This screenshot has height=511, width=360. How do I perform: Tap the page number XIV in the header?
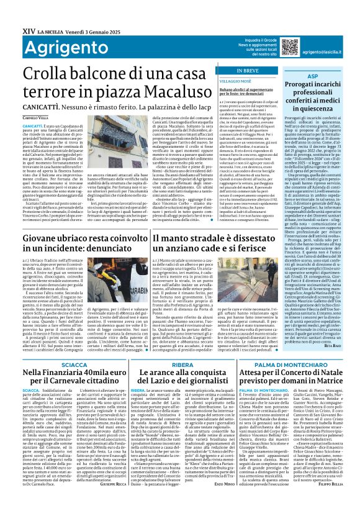pos(12,7)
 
